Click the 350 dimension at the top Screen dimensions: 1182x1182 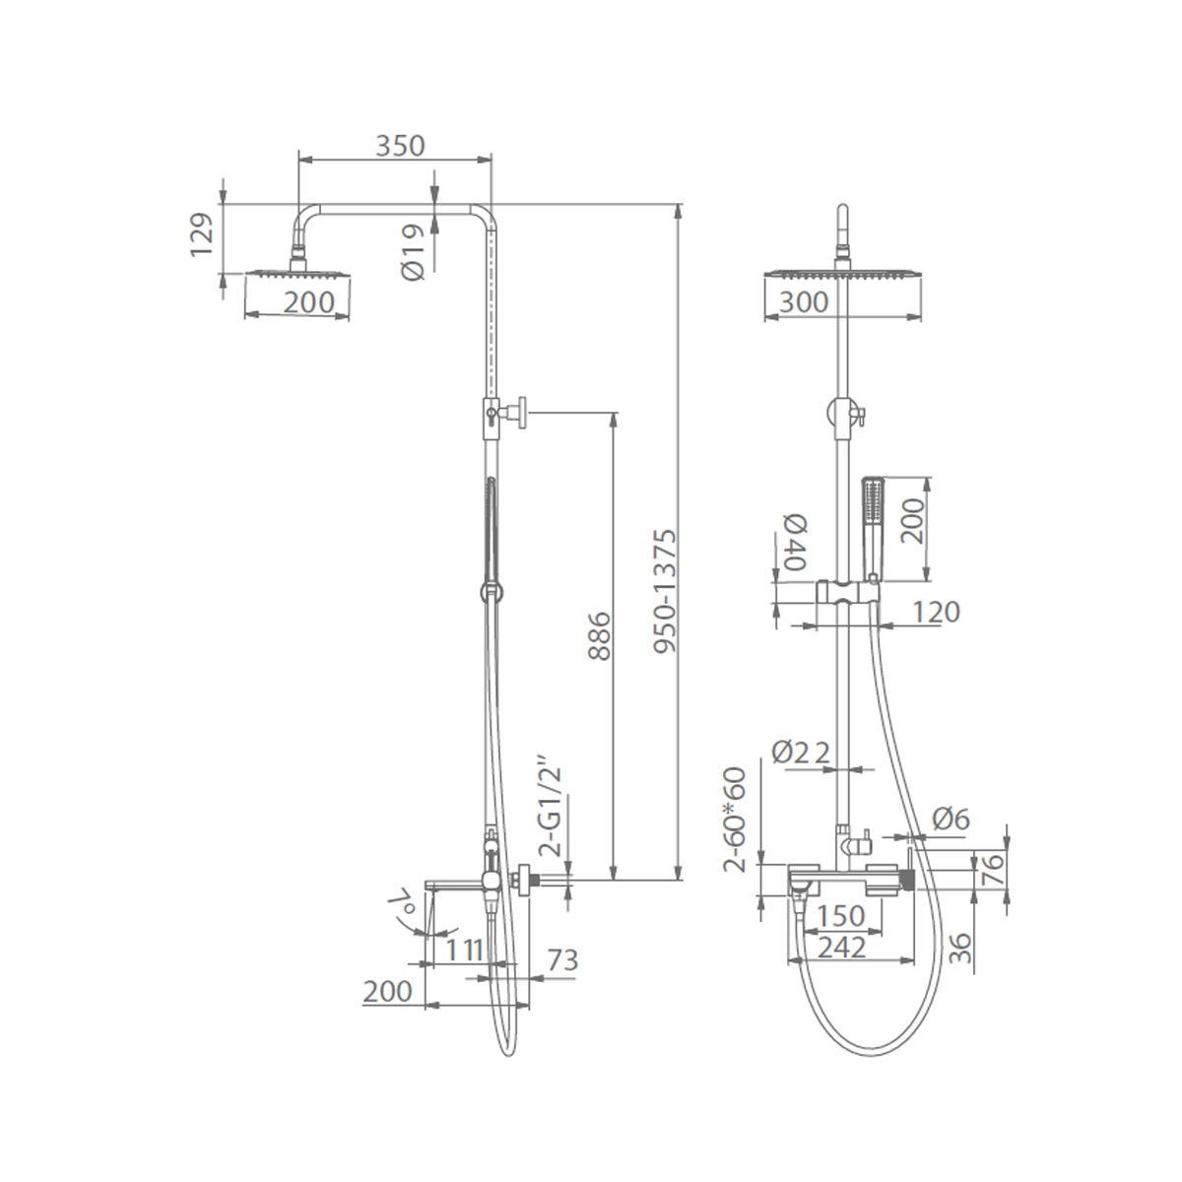click(400, 146)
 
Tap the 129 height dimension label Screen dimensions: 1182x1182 click(202, 235)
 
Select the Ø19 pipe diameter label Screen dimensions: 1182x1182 click(413, 251)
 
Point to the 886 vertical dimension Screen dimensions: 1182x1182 click(599, 635)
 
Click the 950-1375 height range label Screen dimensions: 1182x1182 click(665, 591)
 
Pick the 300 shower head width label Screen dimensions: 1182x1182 click(804, 302)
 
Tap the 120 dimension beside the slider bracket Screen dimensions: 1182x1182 click(936, 612)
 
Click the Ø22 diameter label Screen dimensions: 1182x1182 click(801, 752)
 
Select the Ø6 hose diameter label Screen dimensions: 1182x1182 click(952, 819)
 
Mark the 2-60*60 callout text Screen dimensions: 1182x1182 click(734, 820)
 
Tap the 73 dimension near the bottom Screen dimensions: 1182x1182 click(561, 960)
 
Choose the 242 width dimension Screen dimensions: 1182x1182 click(841, 948)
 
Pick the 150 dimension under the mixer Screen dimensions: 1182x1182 click(841, 916)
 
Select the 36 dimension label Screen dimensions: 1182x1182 click(960, 949)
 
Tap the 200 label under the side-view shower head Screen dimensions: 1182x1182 click(309, 301)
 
